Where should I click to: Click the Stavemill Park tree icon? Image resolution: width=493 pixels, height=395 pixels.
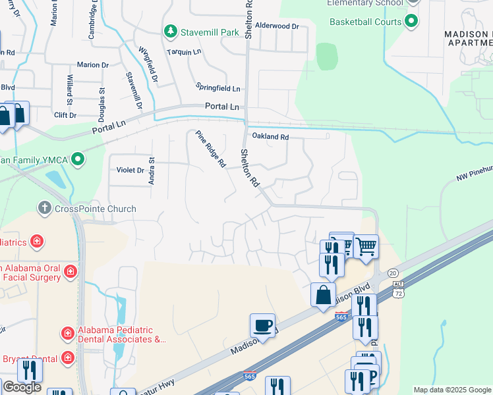[x=171, y=31]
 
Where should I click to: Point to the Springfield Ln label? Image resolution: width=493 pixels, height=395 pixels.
[x=218, y=88]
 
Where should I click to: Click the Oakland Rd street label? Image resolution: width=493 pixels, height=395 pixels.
[x=270, y=137]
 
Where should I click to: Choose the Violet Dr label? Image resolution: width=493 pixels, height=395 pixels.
[x=130, y=170]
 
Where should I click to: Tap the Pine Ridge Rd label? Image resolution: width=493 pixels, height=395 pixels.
[x=210, y=149]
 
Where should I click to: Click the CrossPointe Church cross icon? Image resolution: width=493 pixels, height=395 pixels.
[x=45, y=209]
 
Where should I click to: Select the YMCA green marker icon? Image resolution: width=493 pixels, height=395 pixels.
[x=78, y=159]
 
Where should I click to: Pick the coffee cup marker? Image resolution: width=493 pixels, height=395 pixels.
[x=262, y=325]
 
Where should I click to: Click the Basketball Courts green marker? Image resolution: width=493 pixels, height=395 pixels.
[x=412, y=22]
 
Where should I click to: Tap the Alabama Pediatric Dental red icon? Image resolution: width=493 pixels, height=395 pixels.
[x=67, y=334]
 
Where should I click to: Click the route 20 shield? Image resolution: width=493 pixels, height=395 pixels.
[x=393, y=273]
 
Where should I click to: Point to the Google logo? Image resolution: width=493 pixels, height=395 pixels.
[x=22, y=387]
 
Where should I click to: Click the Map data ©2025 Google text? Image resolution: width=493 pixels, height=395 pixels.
[x=451, y=390]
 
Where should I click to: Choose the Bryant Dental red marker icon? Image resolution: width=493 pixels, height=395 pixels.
[x=67, y=358]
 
